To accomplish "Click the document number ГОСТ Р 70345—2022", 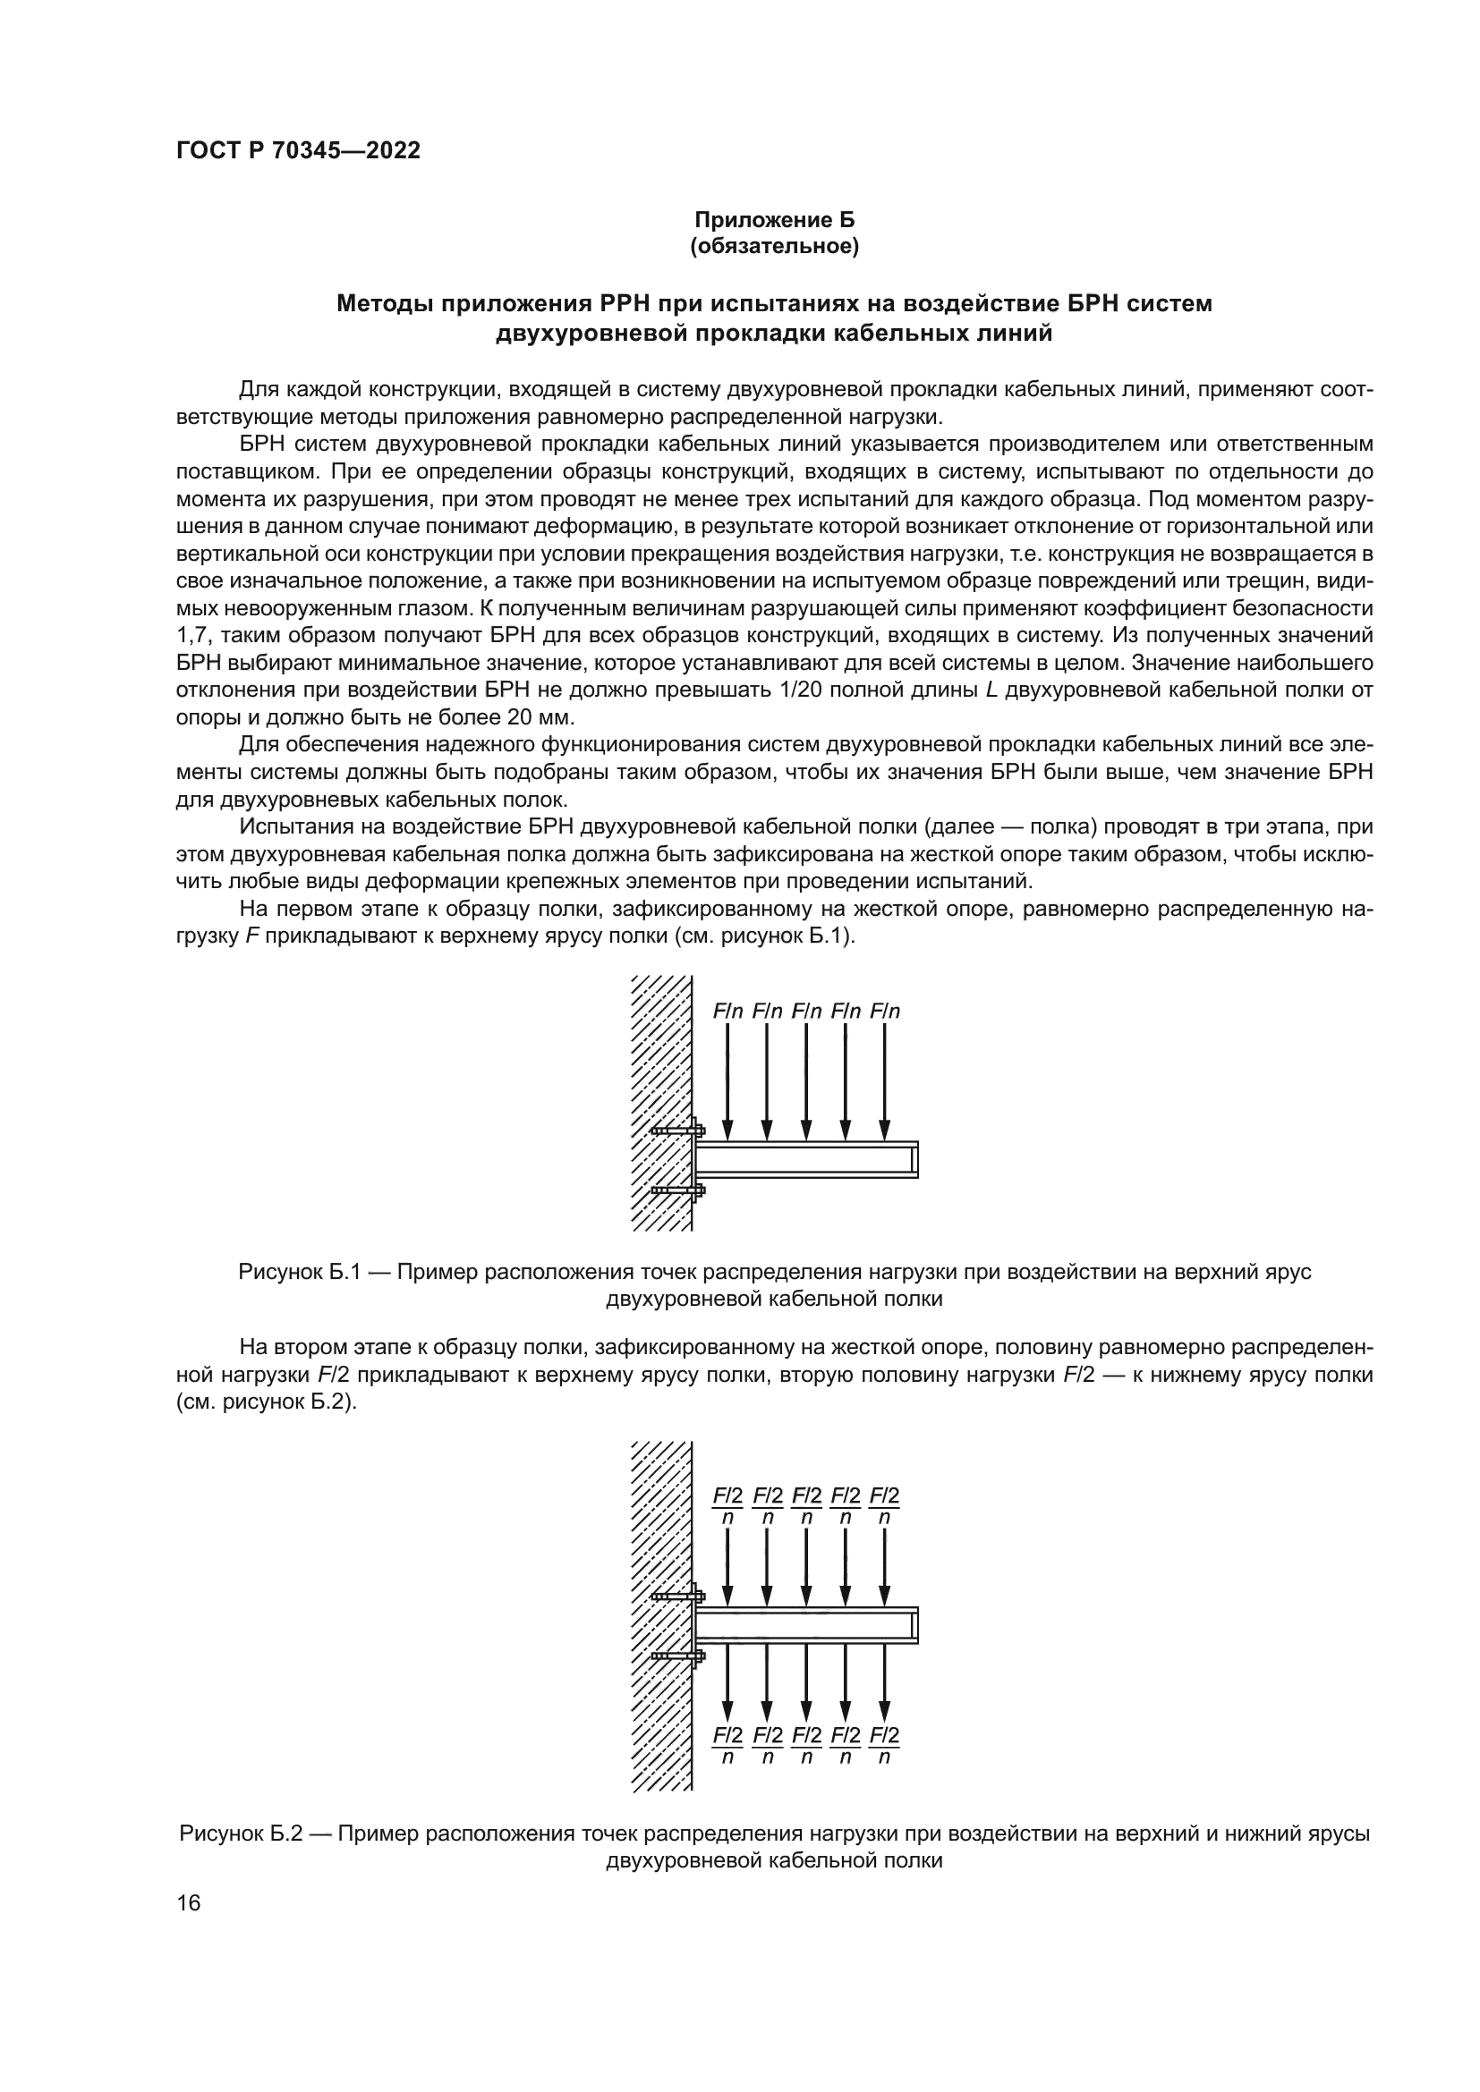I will [x=298, y=151].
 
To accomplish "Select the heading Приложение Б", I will [x=775, y=220].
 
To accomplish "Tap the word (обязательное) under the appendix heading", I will [x=775, y=247].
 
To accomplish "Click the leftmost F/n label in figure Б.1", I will [x=727, y=1011].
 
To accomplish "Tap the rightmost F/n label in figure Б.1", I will [x=885, y=1011].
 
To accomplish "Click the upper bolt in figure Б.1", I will [x=678, y=1131].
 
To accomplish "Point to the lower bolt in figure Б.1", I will [x=678, y=1190].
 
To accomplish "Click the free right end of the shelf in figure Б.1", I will [x=914, y=1159].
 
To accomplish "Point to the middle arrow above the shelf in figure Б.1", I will [x=805, y=1080].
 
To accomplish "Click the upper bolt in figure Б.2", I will [x=678, y=1596].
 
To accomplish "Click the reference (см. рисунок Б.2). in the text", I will [x=265, y=1402].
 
